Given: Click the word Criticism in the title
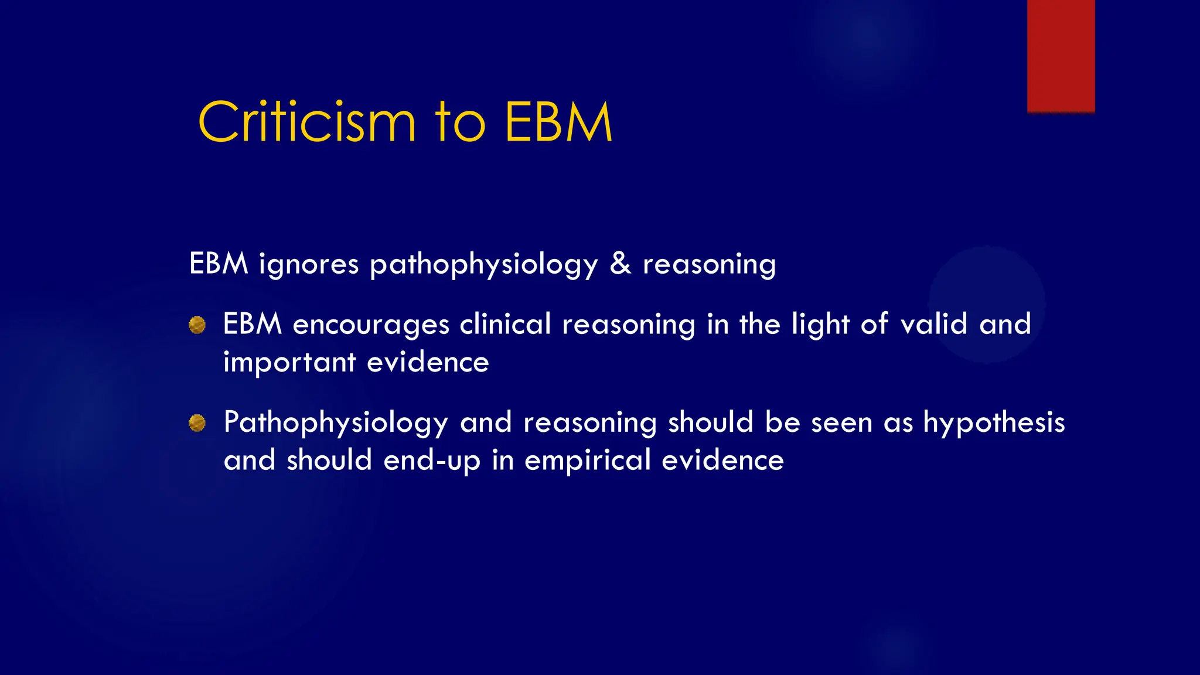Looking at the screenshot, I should point(307,122).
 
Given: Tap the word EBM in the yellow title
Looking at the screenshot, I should point(558,122).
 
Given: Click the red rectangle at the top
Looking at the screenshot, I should point(1061,56).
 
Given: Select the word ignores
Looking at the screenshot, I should point(308,264).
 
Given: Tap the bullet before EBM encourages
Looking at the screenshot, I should point(197,325).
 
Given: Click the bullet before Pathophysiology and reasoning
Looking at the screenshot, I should point(197,423).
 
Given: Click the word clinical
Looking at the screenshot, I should point(505,325).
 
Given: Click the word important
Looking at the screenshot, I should point(289,363).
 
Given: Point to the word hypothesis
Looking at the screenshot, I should point(994,423).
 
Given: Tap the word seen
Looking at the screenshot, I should point(841,422).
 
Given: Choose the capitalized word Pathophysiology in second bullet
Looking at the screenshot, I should point(336,423).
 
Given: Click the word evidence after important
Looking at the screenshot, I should point(428,363).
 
